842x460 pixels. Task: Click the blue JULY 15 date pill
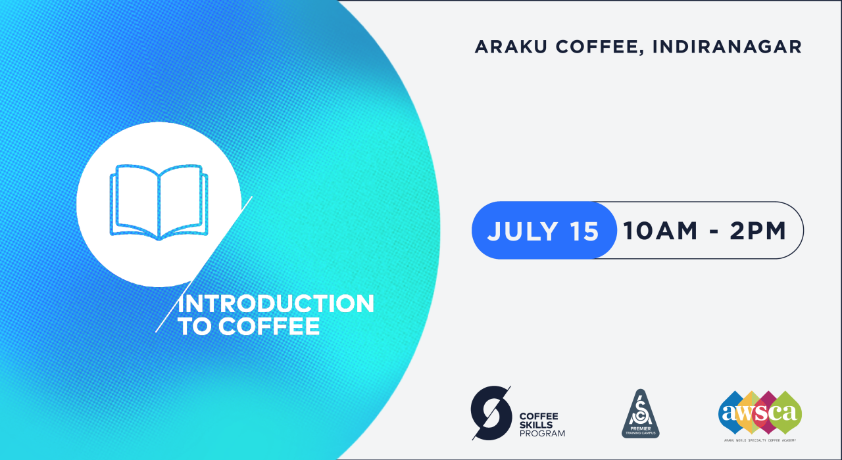click(x=544, y=230)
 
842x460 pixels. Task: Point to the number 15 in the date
click(x=581, y=231)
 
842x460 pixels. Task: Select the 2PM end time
click(x=758, y=231)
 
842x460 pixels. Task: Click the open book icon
click(x=158, y=202)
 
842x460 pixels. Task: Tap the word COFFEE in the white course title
click(x=269, y=327)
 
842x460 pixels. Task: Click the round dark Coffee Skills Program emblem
click(x=491, y=413)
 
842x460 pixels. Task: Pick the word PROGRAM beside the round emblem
click(x=542, y=433)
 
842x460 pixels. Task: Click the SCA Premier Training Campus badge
click(x=641, y=413)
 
